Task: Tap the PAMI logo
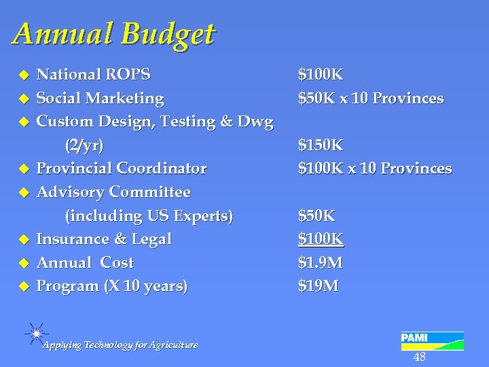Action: [x=432, y=341]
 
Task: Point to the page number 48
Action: [x=420, y=357]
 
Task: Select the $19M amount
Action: [x=319, y=286]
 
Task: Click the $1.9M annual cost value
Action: [x=321, y=262]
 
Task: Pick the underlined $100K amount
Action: [x=321, y=239]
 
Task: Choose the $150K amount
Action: [x=321, y=145]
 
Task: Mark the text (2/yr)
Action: [x=84, y=145]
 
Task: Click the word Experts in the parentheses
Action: [x=200, y=216]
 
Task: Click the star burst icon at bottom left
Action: [x=35, y=332]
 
